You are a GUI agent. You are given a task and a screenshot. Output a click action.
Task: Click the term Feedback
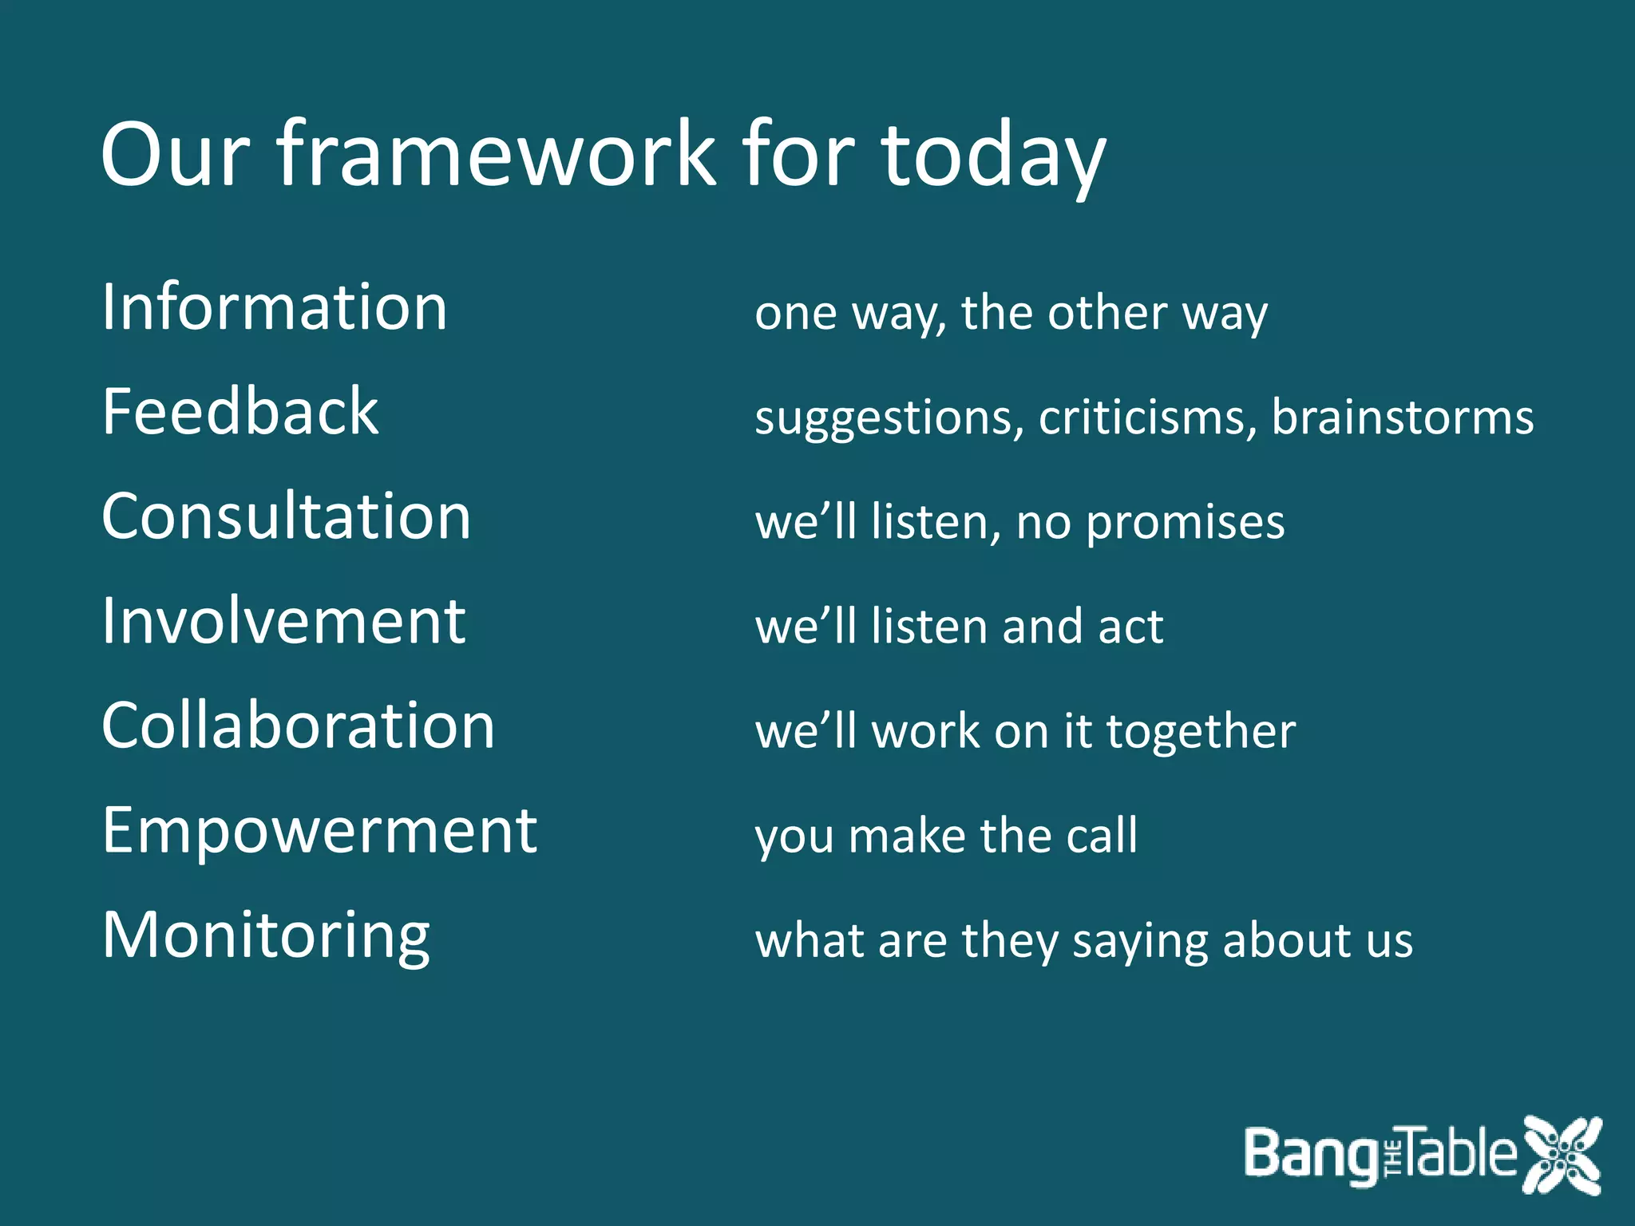pos(240,412)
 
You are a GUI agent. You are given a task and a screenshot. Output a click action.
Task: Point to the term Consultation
pos(286,516)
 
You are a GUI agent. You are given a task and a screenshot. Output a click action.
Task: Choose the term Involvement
pos(283,621)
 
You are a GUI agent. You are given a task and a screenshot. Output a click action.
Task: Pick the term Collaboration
pos(298,726)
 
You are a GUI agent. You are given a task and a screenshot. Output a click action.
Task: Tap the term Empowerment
pos(319,831)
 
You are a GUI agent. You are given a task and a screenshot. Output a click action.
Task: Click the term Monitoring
pos(266,935)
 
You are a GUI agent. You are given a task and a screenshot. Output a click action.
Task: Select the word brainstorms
pos(1402,417)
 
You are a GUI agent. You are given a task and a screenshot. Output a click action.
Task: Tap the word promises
pos(1186,524)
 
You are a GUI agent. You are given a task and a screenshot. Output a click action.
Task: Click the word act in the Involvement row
pos(1130,627)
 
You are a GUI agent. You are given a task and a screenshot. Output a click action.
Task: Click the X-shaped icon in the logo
pos(1561,1155)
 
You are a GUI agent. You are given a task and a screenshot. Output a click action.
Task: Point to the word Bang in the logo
pos(1309,1155)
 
